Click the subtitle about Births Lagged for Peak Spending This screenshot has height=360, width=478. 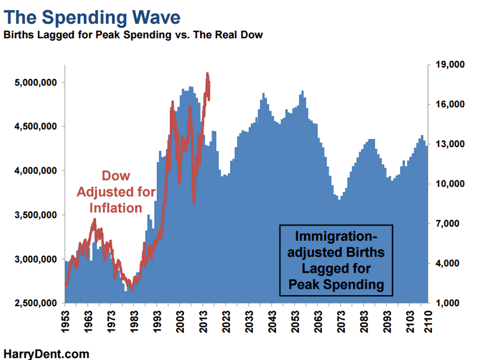(x=133, y=35)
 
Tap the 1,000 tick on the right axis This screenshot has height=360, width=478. (x=449, y=304)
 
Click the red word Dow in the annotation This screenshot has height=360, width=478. (x=116, y=177)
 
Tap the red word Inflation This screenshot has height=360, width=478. (x=116, y=208)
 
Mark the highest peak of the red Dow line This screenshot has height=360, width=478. (x=207, y=74)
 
